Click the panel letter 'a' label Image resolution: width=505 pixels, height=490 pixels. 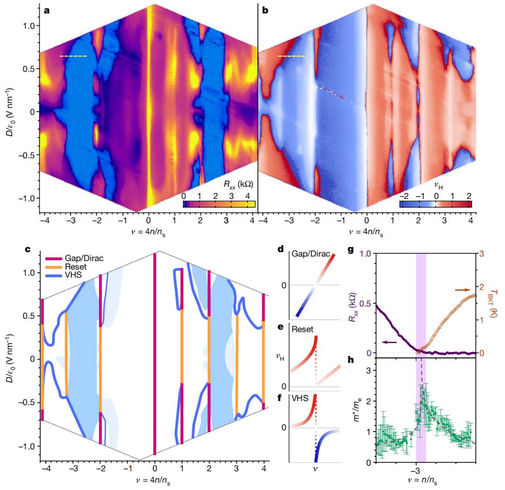(x=46, y=10)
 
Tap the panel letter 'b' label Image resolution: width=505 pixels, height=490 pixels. (x=265, y=10)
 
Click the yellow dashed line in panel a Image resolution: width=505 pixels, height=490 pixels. (x=73, y=56)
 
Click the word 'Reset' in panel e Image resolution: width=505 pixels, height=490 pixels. (x=303, y=329)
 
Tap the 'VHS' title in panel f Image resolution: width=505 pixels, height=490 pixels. (x=300, y=399)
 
